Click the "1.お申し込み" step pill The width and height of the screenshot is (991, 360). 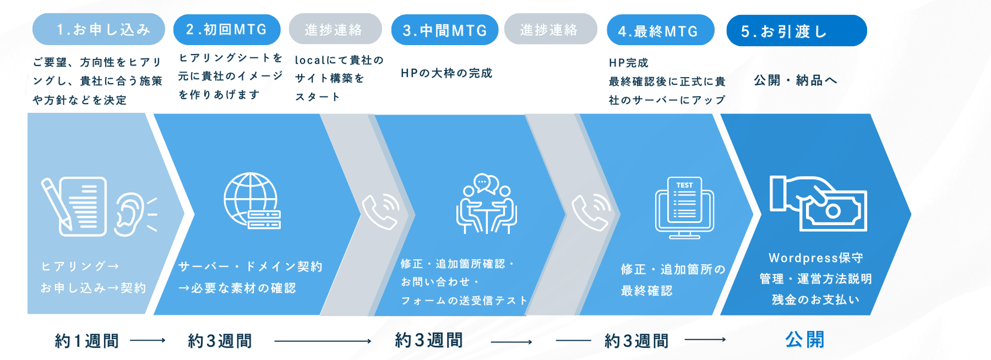click(99, 29)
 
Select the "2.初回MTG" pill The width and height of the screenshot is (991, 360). click(227, 30)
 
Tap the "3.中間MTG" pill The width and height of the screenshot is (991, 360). click(445, 30)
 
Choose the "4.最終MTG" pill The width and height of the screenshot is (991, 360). click(661, 30)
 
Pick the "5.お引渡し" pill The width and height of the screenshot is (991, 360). click(797, 31)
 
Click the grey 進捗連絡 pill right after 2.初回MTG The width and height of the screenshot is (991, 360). click(335, 29)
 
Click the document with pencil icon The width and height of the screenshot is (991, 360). click(74, 206)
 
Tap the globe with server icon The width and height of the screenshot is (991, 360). click(252, 201)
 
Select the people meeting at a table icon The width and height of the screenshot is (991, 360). click(486, 204)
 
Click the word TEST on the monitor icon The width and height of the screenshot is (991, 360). click(684, 185)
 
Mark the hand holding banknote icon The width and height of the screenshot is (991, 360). click(818, 203)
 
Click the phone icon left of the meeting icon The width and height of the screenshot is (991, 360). click(380, 211)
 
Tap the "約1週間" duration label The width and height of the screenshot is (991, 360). click(87, 341)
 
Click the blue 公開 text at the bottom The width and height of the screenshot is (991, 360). click(805, 340)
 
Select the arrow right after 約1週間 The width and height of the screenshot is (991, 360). click(148, 341)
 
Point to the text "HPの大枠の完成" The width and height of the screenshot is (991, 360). click(447, 73)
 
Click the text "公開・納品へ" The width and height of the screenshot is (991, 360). click(796, 80)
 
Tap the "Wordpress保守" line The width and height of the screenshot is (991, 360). click(816, 258)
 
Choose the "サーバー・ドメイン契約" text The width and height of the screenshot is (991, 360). click(251, 267)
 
